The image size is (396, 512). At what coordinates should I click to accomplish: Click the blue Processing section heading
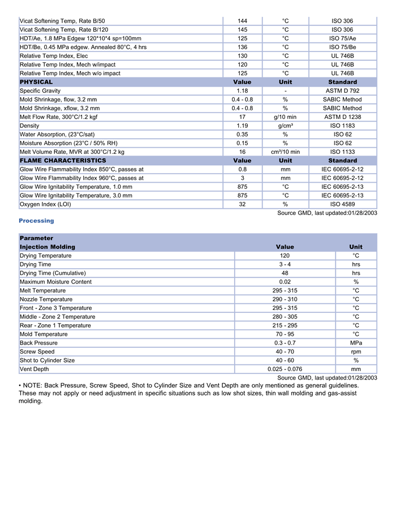coord(36,221)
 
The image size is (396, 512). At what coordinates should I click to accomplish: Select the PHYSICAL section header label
coord(36,82)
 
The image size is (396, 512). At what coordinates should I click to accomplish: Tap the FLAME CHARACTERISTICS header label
coord(63,161)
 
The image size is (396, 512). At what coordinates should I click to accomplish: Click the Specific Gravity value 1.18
coord(242,91)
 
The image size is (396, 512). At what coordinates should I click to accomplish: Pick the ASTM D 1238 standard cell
coord(342,117)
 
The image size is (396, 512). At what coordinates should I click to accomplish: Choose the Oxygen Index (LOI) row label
coord(45,204)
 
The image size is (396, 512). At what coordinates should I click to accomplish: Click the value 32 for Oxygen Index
coord(242,204)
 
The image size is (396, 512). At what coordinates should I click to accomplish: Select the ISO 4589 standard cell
coord(342,204)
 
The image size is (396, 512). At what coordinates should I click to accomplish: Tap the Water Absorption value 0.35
coord(242,135)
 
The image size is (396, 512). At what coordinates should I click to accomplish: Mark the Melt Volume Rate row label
coord(72,152)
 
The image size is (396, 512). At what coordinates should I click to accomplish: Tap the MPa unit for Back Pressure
coord(356,343)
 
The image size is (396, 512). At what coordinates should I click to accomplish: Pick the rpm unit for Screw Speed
coord(356,352)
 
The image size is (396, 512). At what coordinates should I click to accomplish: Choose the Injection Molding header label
coord(48,247)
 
